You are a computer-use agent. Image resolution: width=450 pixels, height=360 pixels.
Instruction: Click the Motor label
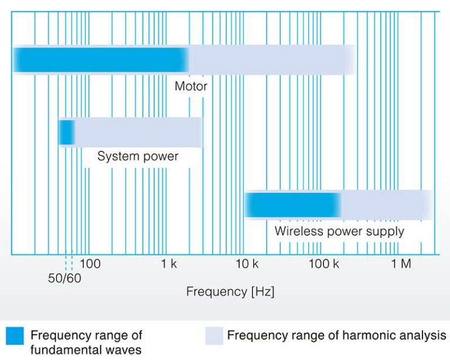[x=191, y=86]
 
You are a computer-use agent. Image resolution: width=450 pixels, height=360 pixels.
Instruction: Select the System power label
[x=138, y=157]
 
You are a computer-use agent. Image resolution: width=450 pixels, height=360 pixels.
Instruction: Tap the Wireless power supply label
[x=339, y=232]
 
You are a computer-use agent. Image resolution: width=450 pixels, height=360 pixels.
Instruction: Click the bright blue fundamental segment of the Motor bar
[x=101, y=60]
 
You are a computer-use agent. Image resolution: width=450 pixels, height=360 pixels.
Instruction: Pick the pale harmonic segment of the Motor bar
[x=272, y=60]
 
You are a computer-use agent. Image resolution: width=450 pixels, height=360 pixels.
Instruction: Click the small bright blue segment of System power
[x=67, y=133]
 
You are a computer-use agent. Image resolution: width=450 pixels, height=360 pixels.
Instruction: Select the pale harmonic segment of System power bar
[x=139, y=133]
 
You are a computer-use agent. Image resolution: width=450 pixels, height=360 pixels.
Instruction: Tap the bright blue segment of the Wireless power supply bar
[x=293, y=205]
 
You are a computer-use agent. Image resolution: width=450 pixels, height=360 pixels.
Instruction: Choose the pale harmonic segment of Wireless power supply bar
[x=387, y=205]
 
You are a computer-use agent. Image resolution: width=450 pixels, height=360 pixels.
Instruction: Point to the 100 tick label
[x=90, y=263]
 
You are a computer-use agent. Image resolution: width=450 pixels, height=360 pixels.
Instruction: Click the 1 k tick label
[x=169, y=263]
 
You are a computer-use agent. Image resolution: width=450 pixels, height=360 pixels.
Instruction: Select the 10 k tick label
[x=247, y=263]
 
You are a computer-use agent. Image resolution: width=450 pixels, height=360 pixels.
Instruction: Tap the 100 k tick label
[x=323, y=263]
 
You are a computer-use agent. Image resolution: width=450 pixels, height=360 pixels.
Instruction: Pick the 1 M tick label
[x=401, y=263]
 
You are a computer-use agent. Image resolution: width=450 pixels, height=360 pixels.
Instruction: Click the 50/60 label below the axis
[x=64, y=278]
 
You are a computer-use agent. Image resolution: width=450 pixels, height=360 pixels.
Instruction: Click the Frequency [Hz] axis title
[x=230, y=291]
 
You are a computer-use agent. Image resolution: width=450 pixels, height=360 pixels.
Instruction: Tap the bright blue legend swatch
[x=15, y=335]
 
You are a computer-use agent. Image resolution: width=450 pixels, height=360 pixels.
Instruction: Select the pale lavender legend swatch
[x=214, y=335]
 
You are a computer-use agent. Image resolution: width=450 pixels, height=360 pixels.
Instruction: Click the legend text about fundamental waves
[x=86, y=342]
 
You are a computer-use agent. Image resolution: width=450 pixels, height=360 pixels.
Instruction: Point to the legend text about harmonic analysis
[x=337, y=335]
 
